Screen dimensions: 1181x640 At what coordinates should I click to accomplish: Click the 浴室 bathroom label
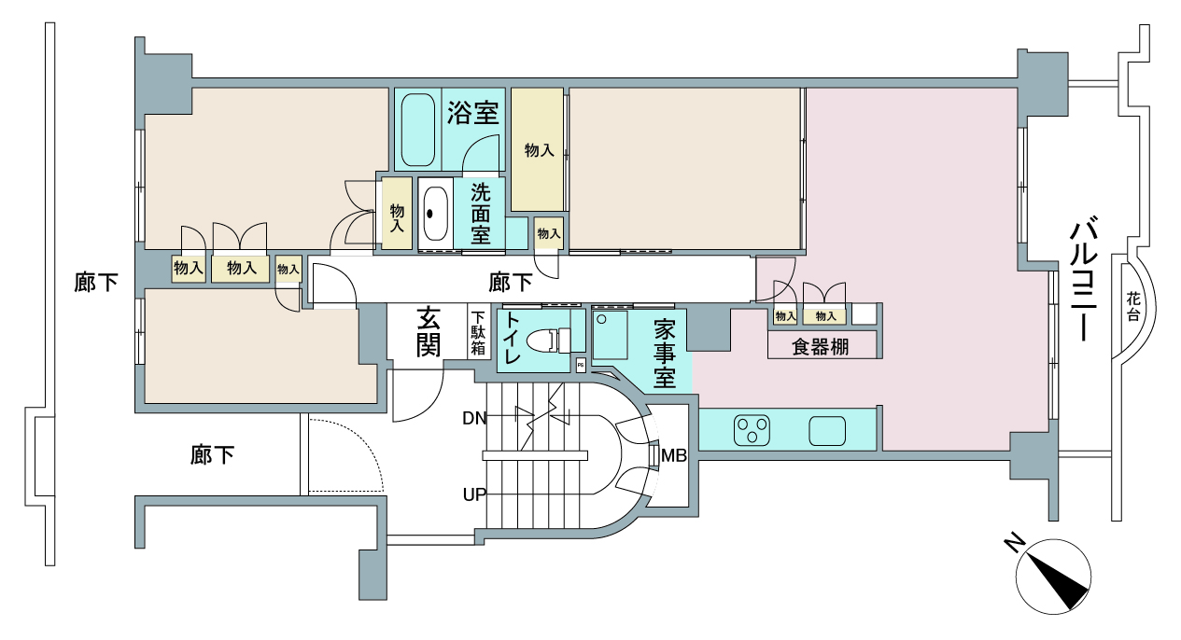tap(473, 112)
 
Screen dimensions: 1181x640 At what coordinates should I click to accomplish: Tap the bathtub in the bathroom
tap(418, 130)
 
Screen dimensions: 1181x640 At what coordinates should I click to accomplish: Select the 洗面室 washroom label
tap(480, 214)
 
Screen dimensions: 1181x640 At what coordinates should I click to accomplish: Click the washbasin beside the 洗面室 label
tap(436, 214)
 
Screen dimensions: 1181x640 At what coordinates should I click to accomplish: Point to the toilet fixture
tap(548, 340)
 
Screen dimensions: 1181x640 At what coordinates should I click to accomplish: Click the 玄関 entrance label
tap(429, 332)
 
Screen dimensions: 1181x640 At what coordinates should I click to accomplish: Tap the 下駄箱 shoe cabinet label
tap(478, 333)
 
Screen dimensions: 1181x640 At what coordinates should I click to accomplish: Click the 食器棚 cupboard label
tap(820, 347)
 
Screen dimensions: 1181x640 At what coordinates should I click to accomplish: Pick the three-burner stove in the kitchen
tap(752, 430)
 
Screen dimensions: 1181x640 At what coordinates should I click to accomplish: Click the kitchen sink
tap(827, 431)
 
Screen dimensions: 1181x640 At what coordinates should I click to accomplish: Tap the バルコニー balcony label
tap(1084, 282)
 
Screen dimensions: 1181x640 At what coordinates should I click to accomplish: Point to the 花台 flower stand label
tap(1133, 307)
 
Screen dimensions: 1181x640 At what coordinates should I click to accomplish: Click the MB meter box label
tap(674, 455)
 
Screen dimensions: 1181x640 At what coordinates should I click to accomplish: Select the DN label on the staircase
tap(474, 418)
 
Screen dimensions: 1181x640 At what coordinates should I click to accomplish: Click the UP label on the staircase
tap(474, 494)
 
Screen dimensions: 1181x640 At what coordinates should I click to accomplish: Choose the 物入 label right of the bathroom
tap(539, 150)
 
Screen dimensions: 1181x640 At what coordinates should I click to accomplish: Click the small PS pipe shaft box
tap(581, 365)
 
